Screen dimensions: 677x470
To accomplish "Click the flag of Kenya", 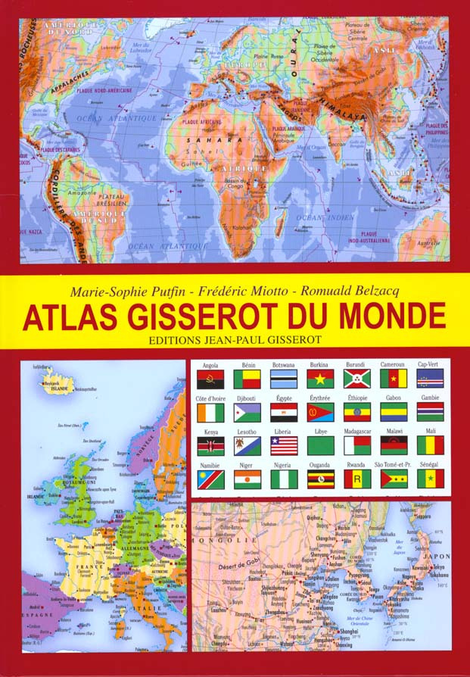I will tap(210, 445).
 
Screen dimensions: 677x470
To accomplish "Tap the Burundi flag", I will tap(356, 378).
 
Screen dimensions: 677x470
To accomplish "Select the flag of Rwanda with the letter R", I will tap(356, 479).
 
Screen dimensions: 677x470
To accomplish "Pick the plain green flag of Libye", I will tap(320, 445).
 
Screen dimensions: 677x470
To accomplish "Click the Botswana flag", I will tap(283, 378).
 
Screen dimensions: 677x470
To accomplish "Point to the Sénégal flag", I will tap(430, 479).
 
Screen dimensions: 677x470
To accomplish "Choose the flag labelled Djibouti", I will tap(247, 412).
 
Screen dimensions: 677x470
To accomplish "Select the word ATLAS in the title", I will tap(61, 316).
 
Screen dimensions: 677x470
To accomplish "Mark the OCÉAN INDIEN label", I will tap(323, 217).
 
